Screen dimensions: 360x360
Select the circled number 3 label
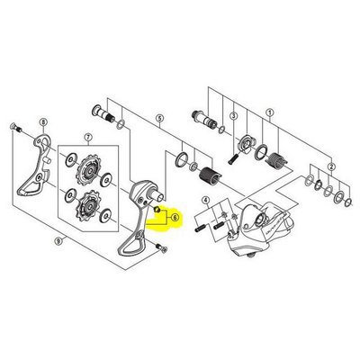click(x=232, y=115)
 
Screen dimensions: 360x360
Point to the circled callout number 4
click(x=205, y=201)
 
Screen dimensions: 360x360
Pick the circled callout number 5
click(x=158, y=118)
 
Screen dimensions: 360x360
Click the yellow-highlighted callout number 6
click(x=174, y=218)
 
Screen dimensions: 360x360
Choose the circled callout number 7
click(x=87, y=137)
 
